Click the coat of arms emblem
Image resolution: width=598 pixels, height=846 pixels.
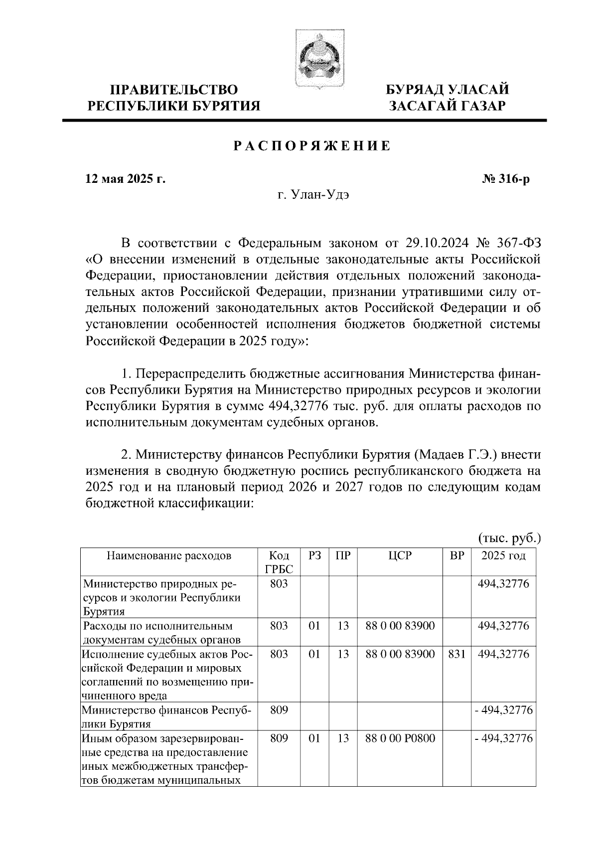pos(318,59)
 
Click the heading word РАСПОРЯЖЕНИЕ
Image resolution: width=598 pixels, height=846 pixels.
pos(312,146)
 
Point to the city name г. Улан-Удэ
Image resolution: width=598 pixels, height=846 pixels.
pos(313,195)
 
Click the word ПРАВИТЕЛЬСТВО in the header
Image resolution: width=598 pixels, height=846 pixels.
pos(174,90)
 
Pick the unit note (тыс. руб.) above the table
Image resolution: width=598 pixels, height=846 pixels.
pos(509,538)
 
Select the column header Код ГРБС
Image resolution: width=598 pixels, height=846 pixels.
pos(279,562)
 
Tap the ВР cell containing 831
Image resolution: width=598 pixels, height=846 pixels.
pos(456,654)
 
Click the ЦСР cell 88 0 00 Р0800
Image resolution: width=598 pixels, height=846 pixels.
pos(400,738)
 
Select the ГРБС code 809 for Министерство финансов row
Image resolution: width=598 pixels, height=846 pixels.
pos(279,709)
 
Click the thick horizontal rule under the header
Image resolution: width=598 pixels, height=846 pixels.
pos(304,120)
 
